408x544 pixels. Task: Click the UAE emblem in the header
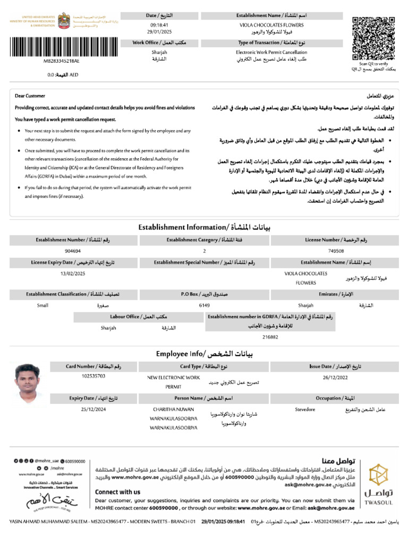pyautogui.click(x=63, y=21)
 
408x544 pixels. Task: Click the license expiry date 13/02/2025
pyautogui.click(x=73, y=273)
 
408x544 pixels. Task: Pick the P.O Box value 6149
pyautogui.click(x=205, y=305)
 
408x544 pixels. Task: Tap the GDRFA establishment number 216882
pyautogui.click(x=270, y=337)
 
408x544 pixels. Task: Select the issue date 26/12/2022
pyautogui.click(x=334, y=377)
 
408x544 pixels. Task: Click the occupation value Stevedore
pyautogui.click(x=305, y=409)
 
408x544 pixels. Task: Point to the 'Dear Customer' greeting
pyautogui.click(x=30, y=96)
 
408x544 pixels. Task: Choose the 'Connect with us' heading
pyautogui.click(x=117, y=492)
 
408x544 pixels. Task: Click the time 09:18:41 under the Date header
pyautogui.click(x=159, y=25)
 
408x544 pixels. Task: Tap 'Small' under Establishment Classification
pyautogui.click(x=42, y=305)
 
